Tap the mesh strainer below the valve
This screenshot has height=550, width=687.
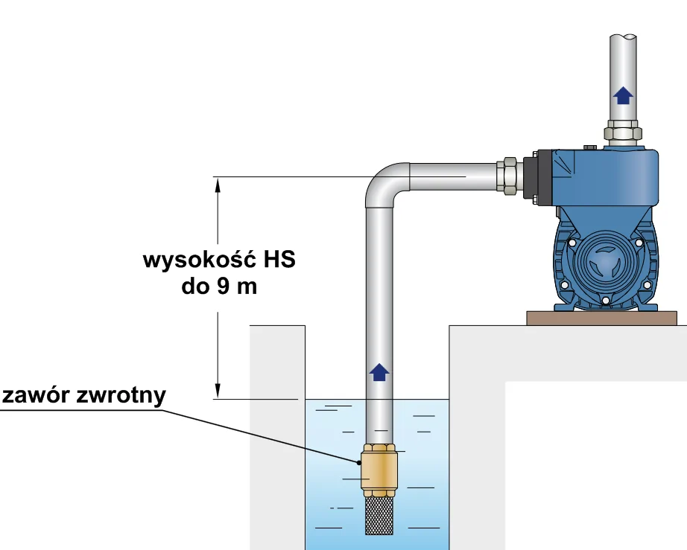[x=380, y=514]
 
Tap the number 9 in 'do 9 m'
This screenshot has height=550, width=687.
[x=223, y=287]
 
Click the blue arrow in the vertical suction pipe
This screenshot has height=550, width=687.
[x=379, y=371]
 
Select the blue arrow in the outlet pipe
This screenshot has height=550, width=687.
[x=623, y=94]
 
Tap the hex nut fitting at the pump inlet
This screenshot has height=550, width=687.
[x=510, y=176]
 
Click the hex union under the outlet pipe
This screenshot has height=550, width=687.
[x=623, y=133]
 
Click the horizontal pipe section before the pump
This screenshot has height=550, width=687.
[x=455, y=176]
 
